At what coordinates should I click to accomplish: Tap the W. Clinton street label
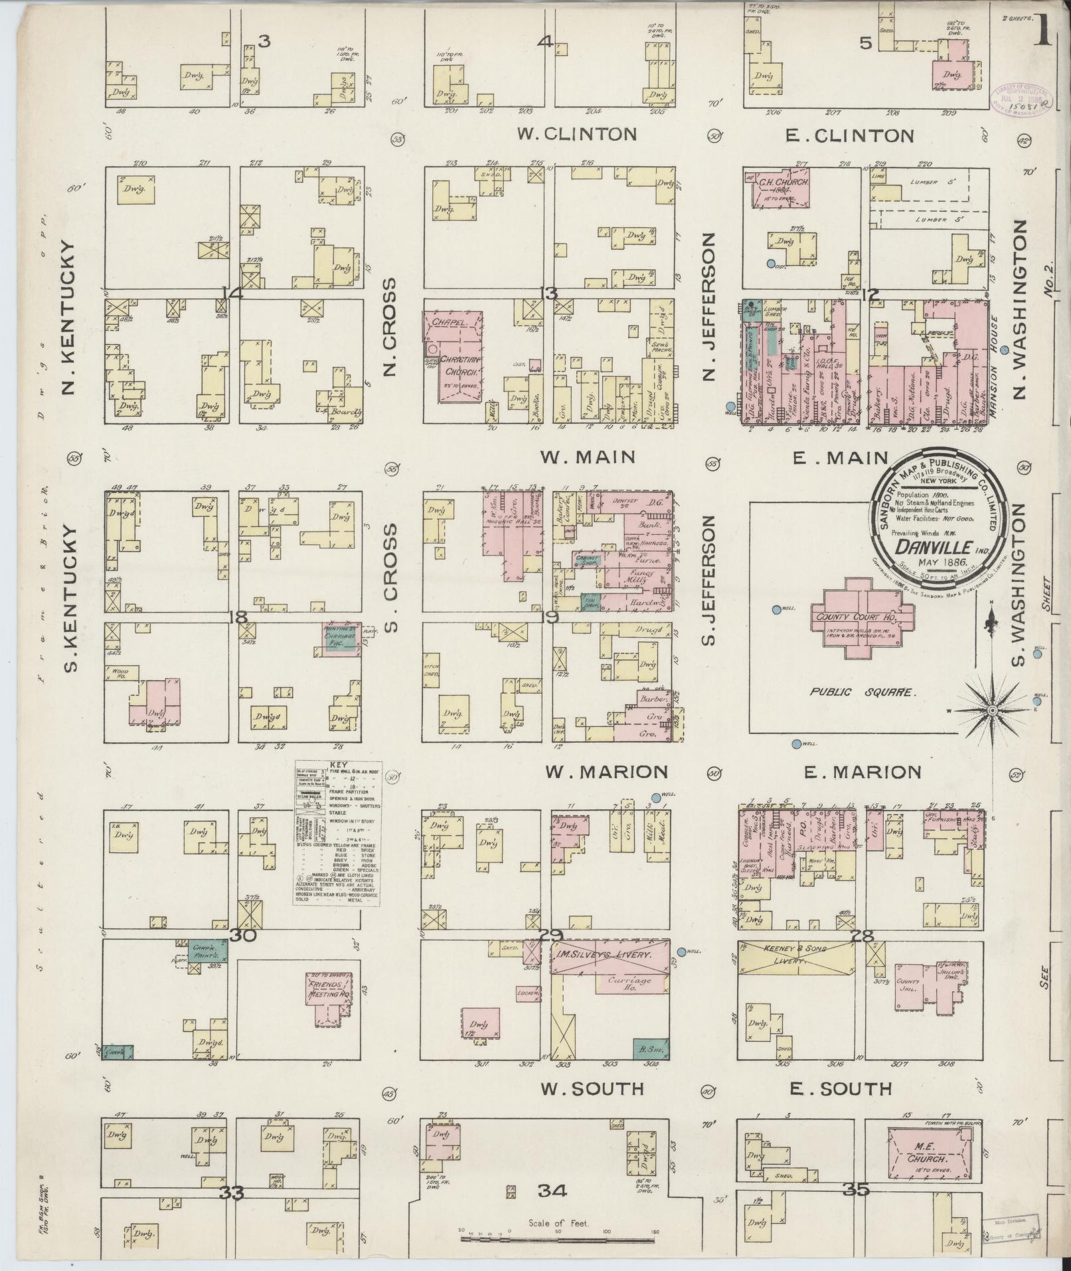[x=576, y=134]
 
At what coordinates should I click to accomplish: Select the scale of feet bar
[x=558, y=1240]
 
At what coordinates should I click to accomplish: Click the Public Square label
[x=861, y=692]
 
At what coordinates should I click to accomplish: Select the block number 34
[x=552, y=1191]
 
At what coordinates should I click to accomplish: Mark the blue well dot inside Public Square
[x=776, y=609]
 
